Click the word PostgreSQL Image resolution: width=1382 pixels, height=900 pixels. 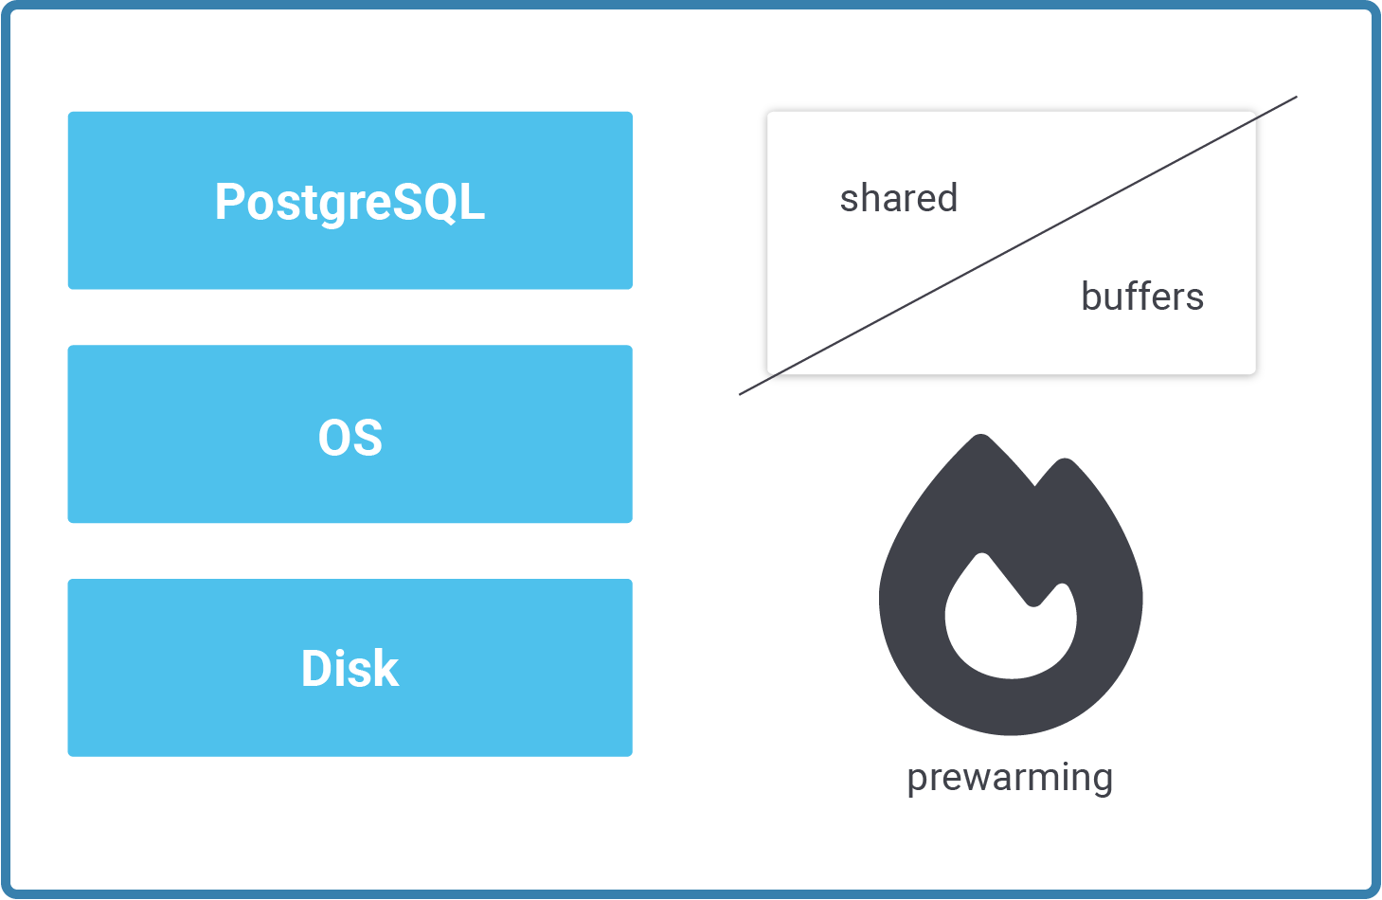(x=350, y=202)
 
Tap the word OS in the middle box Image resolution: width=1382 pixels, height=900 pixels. (x=350, y=438)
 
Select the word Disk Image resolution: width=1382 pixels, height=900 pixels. (x=350, y=668)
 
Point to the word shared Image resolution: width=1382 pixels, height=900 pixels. (x=898, y=198)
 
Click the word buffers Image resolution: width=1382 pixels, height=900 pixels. (x=1141, y=297)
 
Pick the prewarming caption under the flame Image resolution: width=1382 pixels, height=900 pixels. (x=1010, y=778)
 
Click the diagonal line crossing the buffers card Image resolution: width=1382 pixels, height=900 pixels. (x=1018, y=245)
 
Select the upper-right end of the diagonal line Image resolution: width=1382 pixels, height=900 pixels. (x=1295, y=98)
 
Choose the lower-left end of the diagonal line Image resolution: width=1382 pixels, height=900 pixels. (x=741, y=393)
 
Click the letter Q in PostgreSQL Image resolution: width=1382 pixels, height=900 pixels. (x=438, y=202)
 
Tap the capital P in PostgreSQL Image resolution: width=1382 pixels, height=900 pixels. (x=229, y=202)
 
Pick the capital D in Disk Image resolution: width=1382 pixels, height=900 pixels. (x=317, y=668)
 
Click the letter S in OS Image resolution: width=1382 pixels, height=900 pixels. (x=367, y=438)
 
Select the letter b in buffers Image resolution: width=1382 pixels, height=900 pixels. (x=1091, y=296)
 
